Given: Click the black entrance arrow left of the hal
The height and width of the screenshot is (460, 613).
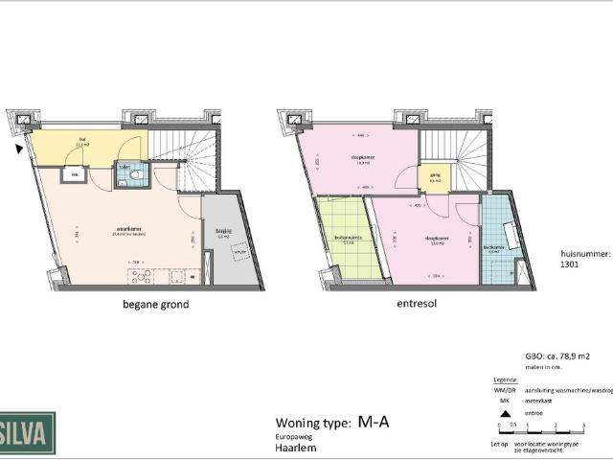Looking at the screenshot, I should tap(20, 149).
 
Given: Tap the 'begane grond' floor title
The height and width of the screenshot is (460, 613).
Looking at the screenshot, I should tap(155, 305).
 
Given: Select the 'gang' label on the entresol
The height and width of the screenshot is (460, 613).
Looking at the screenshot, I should tap(434, 176).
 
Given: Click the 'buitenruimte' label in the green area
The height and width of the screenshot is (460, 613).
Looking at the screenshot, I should tap(347, 240).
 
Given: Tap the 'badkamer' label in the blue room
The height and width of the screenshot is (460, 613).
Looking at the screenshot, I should tap(495, 246).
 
